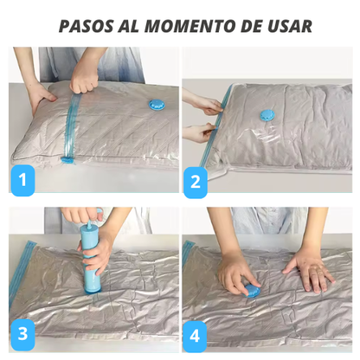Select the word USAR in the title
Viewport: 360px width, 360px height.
click(x=286, y=25)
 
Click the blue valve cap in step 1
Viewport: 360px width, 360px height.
click(x=156, y=106)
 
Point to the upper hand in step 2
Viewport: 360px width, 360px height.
click(x=205, y=106)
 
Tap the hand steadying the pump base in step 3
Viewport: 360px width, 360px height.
click(x=101, y=255)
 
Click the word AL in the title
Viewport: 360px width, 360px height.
click(x=134, y=25)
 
